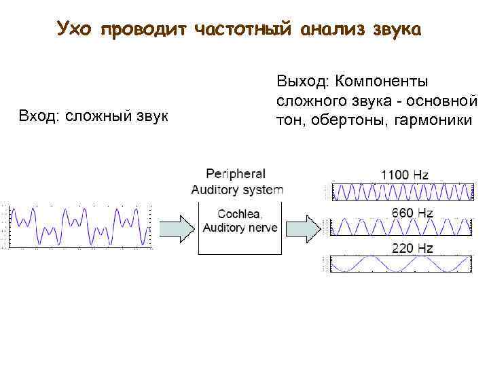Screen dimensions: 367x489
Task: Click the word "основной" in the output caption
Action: (448, 101)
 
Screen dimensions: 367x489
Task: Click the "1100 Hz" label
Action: (404, 175)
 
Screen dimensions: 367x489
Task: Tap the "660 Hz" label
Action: (412, 213)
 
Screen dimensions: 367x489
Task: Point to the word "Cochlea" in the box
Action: (237, 214)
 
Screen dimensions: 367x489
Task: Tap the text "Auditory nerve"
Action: (240, 228)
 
